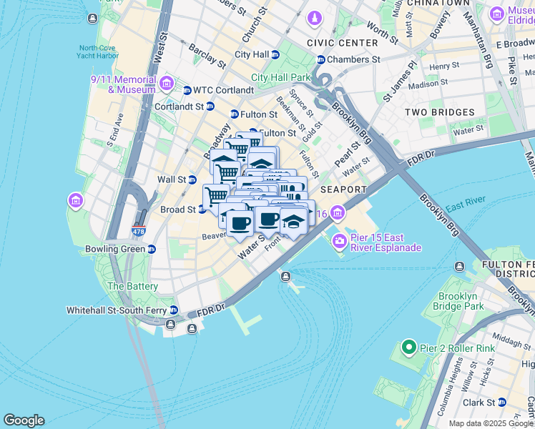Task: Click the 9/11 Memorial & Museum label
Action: click(x=123, y=85)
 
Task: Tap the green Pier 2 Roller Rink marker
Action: click(x=408, y=348)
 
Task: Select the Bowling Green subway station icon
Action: click(x=152, y=250)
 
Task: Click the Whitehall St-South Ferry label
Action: click(x=117, y=310)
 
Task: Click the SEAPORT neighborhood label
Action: click(x=343, y=189)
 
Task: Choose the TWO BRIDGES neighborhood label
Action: click(x=439, y=112)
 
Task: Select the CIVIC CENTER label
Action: click(x=342, y=43)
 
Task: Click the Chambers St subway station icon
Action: click(x=321, y=59)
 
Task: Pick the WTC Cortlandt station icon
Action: click(x=187, y=90)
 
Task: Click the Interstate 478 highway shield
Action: click(x=139, y=231)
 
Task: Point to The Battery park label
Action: click(x=132, y=286)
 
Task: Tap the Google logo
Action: click(x=24, y=420)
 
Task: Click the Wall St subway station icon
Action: click(x=192, y=179)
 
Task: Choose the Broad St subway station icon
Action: click(x=202, y=209)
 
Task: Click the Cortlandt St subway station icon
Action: click(x=210, y=107)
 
